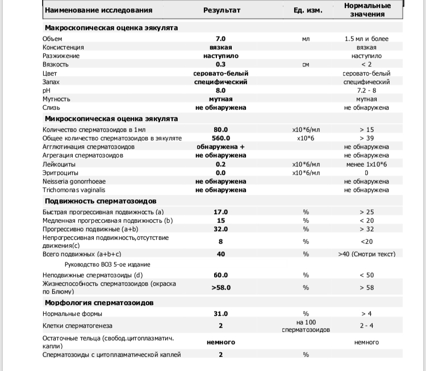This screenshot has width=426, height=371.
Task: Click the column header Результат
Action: click(x=222, y=10)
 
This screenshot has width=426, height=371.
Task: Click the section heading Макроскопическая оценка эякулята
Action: click(x=111, y=27)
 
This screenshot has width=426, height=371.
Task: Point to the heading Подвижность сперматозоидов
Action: click(x=101, y=201)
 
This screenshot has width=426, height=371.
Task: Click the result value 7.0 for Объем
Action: click(x=220, y=39)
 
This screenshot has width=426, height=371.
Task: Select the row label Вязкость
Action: click(x=56, y=64)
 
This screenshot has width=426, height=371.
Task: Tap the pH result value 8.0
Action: click(x=220, y=90)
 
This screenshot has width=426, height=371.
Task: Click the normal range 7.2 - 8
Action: click(x=366, y=90)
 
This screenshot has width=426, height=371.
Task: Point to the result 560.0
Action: click(x=220, y=138)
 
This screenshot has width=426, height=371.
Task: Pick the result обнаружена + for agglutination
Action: click(x=220, y=147)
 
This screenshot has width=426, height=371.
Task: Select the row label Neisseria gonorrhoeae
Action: click(x=74, y=181)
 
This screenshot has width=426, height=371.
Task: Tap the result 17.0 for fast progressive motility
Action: click(x=220, y=212)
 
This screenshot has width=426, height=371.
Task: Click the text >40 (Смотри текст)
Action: click(x=366, y=254)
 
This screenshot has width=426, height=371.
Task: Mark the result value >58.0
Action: click(x=220, y=287)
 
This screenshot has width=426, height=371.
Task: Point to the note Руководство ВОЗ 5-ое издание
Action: click(x=108, y=265)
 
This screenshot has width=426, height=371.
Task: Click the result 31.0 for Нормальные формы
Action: click(x=220, y=314)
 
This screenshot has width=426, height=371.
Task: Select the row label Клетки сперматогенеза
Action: click(x=77, y=326)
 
